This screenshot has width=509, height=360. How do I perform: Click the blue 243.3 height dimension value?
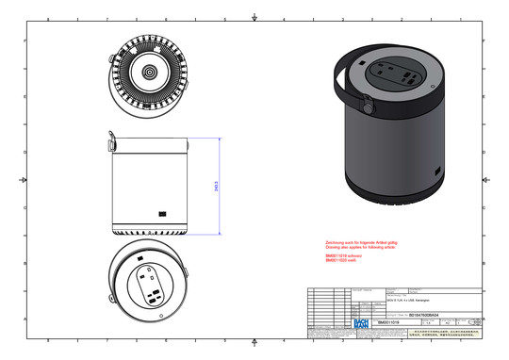pos(218,187)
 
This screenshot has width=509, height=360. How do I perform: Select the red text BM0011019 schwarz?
pos(343,255)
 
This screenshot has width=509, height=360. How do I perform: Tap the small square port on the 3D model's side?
pos(436,170)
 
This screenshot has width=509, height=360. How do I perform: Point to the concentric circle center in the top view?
pos(149,72)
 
